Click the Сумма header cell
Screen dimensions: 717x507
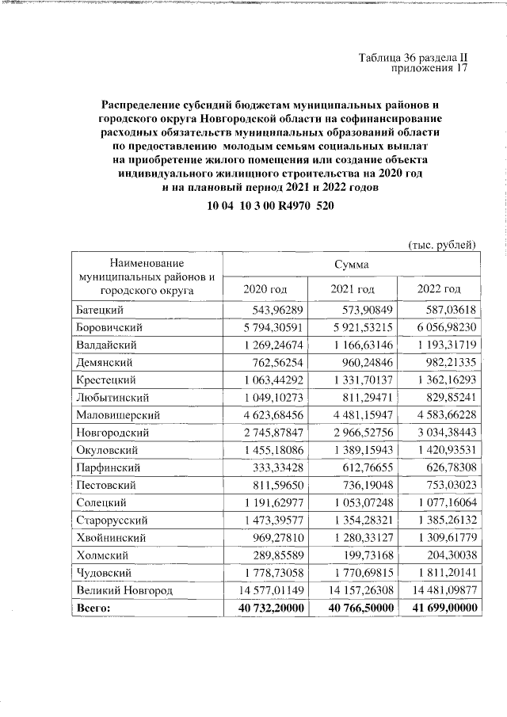(x=351, y=263)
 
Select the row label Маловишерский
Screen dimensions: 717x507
(x=119, y=414)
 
